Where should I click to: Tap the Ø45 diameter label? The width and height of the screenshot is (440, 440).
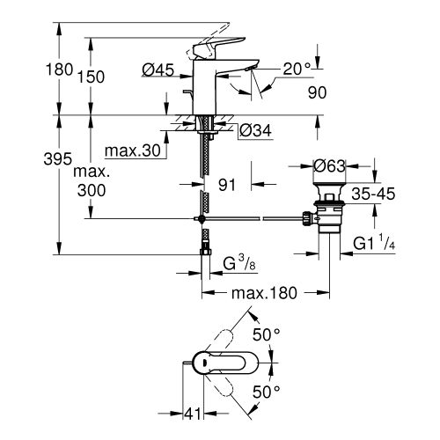159,70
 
